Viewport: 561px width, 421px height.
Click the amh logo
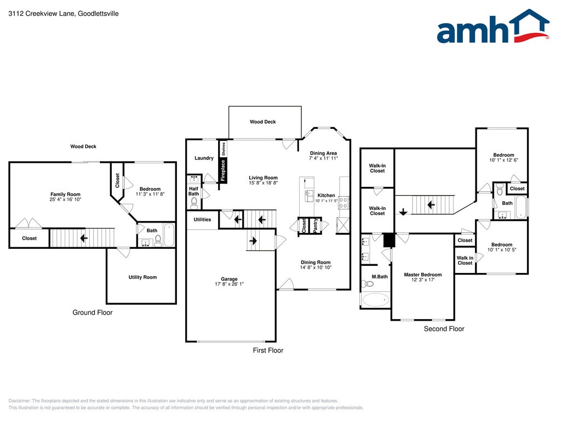(x=493, y=26)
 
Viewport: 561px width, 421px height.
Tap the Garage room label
(x=229, y=279)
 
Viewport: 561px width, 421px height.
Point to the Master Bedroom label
(x=423, y=275)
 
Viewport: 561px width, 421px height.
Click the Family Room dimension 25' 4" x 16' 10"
(x=66, y=200)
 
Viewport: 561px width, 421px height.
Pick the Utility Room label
(x=142, y=277)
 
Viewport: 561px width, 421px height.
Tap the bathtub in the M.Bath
(x=375, y=299)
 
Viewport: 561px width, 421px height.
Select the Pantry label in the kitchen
(x=316, y=225)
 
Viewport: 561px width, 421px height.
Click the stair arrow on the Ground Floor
(x=84, y=238)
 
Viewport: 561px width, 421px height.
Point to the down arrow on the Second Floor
(x=403, y=212)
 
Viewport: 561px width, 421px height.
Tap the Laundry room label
(x=204, y=158)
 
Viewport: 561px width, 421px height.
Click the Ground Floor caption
(x=92, y=312)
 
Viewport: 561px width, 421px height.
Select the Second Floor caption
(x=444, y=329)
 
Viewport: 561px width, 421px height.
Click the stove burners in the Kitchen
(x=344, y=203)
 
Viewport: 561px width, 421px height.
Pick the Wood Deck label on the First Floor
(x=262, y=122)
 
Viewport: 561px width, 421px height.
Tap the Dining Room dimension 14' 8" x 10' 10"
(x=316, y=268)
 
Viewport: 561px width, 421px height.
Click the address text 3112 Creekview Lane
(x=42, y=14)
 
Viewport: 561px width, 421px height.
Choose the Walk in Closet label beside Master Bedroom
(x=465, y=260)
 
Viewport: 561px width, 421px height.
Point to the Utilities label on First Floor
(x=203, y=219)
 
